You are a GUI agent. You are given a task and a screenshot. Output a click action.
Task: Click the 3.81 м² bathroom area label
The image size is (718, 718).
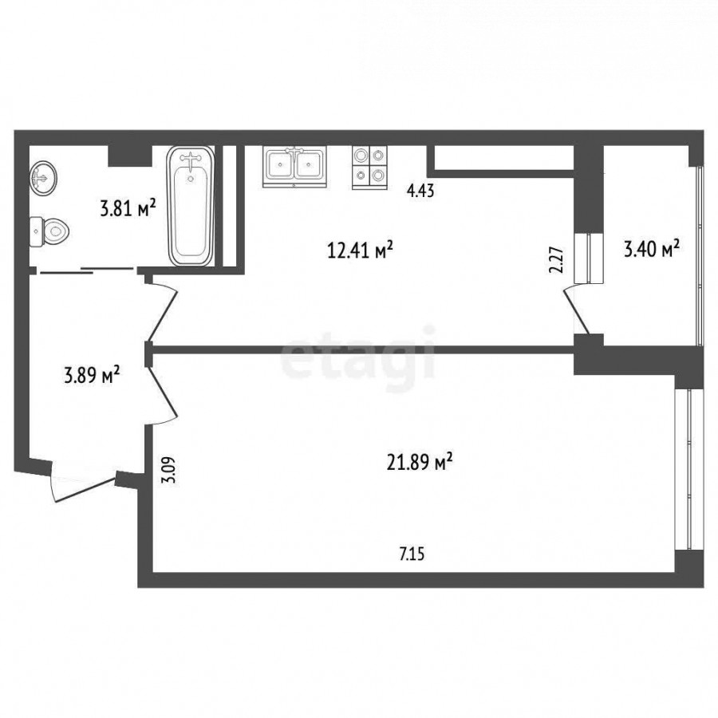click(x=128, y=209)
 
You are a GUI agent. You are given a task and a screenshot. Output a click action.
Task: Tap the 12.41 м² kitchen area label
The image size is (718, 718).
click(x=360, y=250)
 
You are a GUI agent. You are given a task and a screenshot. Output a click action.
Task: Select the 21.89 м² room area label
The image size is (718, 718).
click(x=420, y=463)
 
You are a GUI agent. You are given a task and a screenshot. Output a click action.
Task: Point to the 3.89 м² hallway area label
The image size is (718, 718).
click(x=92, y=376)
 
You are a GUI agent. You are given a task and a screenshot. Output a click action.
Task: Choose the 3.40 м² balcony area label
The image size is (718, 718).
click(x=651, y=249)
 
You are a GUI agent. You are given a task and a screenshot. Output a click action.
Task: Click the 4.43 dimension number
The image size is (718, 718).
click(x=420, y=190)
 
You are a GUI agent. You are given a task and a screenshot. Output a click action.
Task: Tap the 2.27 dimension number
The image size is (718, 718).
click(x=556, y=260)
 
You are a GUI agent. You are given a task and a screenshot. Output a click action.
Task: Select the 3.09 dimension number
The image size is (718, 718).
click(x=168, y=470)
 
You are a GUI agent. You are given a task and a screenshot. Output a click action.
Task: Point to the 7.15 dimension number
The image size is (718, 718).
click(x=412, y=554)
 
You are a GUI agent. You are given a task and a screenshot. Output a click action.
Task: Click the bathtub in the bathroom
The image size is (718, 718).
click(x=191, y=206)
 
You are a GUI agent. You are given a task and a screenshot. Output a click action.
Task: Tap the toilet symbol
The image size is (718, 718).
click(x=49, y=231)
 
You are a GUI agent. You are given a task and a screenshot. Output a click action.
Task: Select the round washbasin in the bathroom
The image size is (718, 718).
click(x=44, y=177)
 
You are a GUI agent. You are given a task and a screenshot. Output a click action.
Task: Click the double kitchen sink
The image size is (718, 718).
click(x=294, y=167)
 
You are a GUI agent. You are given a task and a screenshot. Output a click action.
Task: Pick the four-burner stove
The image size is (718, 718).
click(x=369, y=168)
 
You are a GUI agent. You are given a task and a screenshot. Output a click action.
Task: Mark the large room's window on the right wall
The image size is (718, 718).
click(x=689, y=468)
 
